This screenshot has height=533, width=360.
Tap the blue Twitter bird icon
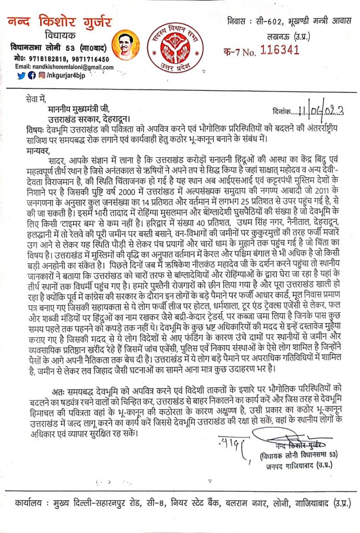click(21, 75)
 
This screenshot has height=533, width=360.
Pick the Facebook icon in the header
click(31, 75)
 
